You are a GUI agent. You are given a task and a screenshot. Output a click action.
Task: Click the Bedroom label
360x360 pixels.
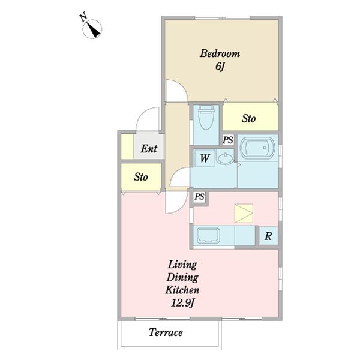[x=220, y=53]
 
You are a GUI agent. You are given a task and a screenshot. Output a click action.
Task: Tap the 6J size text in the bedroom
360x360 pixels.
[x=220, y=67]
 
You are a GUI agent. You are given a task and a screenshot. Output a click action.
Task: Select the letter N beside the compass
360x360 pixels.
[x=83, y=17]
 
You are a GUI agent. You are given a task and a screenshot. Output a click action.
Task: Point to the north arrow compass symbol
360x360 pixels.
[x=92, y=29]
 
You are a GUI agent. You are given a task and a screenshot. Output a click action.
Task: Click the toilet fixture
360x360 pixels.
[x=206, y=118]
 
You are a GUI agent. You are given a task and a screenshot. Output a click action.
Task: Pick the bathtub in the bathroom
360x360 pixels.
[x=257, y=148]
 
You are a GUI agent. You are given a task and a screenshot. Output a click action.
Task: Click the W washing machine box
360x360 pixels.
[x=205, y=158]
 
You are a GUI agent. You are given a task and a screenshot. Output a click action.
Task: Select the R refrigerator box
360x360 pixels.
[x=268, y=236]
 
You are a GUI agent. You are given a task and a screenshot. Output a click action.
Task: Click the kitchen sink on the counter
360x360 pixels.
[x=208, y=235]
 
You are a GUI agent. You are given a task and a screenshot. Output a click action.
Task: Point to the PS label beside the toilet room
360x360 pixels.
[x=228, y=140]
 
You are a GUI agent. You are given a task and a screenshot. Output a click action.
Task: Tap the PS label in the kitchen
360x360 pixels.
[x=199, y=197]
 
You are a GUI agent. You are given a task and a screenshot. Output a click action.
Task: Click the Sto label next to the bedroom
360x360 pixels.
[x=248, y=118]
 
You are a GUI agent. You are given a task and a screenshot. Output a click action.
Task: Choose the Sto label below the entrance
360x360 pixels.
[x=141, y=177]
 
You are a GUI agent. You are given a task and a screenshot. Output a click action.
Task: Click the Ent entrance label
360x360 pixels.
[x=149, y=149]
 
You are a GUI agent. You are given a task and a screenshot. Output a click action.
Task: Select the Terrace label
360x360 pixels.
[x=166, y=332]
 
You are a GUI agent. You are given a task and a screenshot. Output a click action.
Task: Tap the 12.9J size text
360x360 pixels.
[x=183, y=304]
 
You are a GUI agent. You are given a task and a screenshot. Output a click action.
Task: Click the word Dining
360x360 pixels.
[x=182, y=278]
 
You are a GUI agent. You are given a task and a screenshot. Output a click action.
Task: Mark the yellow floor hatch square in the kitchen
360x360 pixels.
[x=244, y=213]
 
